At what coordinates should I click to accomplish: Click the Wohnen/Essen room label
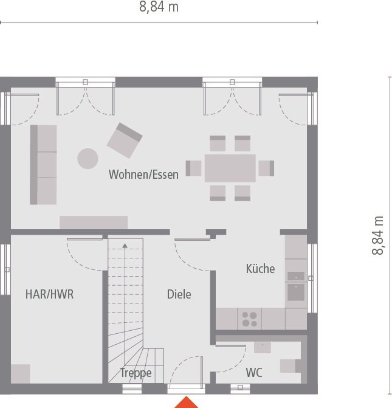143,175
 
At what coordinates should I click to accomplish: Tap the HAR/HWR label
50,294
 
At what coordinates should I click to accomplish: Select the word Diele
179,294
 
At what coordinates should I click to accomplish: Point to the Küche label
260,268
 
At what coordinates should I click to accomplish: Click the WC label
254,373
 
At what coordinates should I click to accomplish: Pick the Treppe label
136,373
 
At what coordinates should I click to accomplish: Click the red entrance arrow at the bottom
187,402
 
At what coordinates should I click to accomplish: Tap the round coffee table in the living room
88,159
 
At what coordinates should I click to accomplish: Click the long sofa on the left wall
43,165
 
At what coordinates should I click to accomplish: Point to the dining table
230,168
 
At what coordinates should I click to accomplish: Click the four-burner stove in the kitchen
249,319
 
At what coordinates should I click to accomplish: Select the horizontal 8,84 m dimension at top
159,8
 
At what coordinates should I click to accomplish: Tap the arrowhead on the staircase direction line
125,246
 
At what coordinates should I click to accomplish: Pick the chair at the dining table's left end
193,168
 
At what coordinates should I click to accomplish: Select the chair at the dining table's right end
266,168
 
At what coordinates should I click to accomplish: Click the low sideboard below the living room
94,223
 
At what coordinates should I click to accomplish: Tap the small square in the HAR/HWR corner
21,373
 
